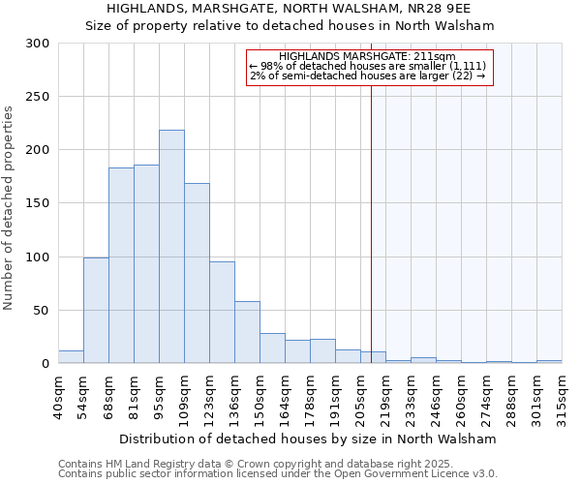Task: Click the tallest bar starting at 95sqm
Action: (171, 247)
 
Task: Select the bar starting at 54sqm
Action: (96, 310)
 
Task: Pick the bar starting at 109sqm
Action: (197, 273)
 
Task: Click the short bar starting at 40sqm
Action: (71, 357)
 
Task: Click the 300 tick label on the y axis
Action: (39, 44)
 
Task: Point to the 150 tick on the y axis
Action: (39, 203)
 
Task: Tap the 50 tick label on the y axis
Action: (43, 311)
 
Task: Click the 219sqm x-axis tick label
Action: (385, 395)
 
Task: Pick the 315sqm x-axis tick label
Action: (562, 395)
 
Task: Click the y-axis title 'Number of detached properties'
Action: (10, 208)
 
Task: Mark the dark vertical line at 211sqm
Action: (371, 223)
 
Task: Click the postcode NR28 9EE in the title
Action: (468, 8)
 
